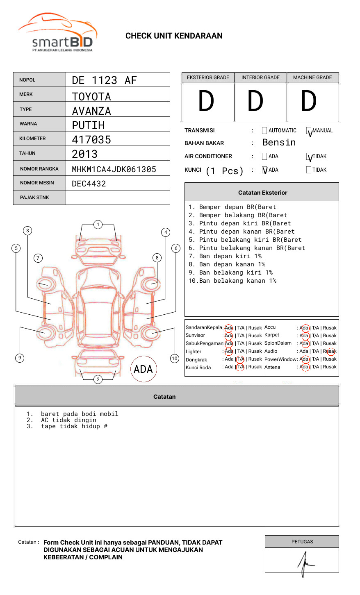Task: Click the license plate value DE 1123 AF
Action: (104, 80)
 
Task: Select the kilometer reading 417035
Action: (91, 140)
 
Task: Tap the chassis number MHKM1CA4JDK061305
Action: (114, 169)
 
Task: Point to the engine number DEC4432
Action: (89, 184)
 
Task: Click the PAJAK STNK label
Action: (34, 198)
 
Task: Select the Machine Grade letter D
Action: (309, 102)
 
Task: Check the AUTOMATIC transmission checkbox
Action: (264, 131)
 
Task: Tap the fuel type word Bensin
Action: (279, 143)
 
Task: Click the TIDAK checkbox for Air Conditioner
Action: (309, 157)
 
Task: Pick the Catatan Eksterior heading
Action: (262, 193)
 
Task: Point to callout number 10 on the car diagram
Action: (175, 359)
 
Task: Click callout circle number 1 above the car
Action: (98, 225)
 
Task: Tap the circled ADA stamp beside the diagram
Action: (143, 369)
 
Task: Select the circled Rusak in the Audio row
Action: (330, 351)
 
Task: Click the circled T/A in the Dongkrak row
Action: (240, 359)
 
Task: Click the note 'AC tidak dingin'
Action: (68, 420)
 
